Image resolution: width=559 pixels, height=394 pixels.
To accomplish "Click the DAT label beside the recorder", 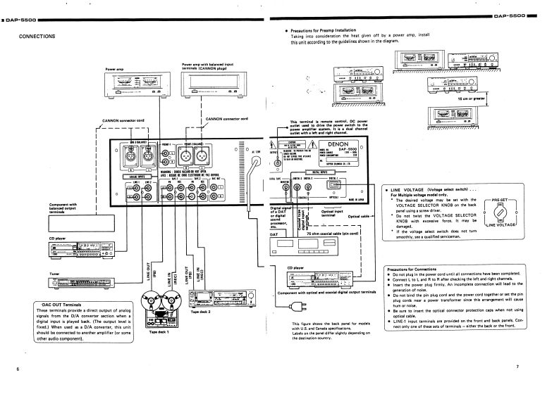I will [x=277, y=234].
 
